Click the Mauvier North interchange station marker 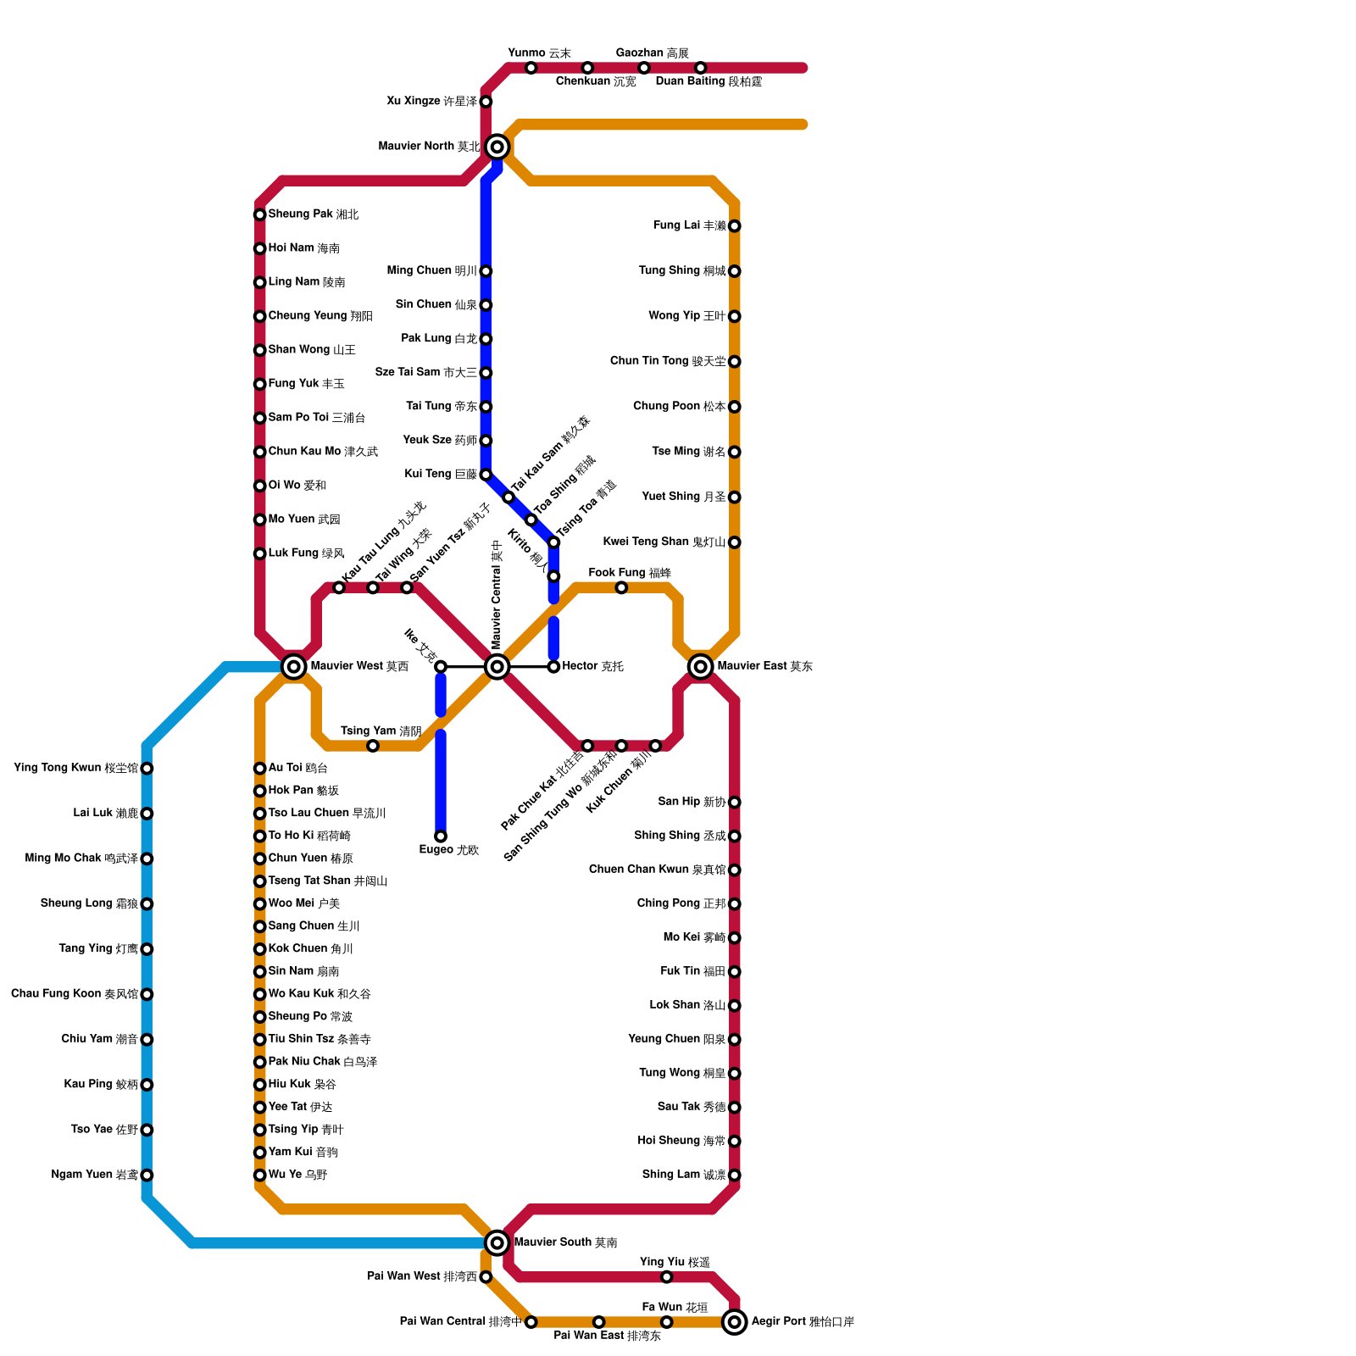[x=497, y=147]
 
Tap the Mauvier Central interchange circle [x=497, y=667]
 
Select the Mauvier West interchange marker [x=294, y=667]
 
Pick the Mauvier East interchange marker [x=701, y=667]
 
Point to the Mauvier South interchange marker [x=497, y=1243]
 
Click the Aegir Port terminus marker [x=735, y=1322]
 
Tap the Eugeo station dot [x=441, y=836]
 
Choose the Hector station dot [x=553, y=667]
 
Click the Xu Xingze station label [x=431, y=102]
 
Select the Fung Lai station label [x=689, y=225]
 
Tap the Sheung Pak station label [x=313, y=214]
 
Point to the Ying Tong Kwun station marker [x=147, y=769]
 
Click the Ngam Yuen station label [x=94, y=1175]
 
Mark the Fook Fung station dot [x=621, y=587]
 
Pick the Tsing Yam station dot [x=373, y=746]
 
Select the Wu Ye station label [x=297, y=1175]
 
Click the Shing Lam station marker [x=735, y=1175]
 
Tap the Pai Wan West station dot [x=486, y=1277]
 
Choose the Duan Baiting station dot [x=701, y=68]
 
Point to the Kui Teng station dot [x=486, y=475]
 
